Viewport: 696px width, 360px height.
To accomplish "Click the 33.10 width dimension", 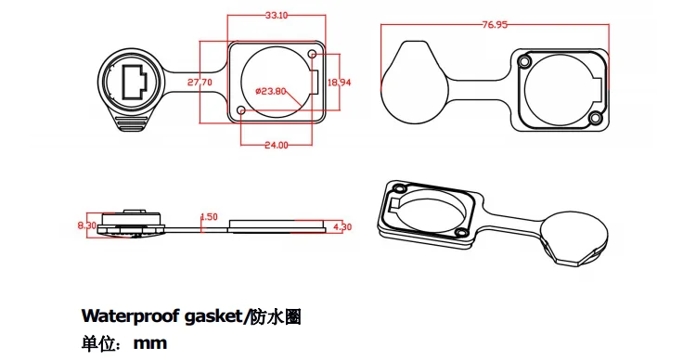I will coord(276,16).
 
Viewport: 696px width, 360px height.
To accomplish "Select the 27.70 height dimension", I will coord(200,83).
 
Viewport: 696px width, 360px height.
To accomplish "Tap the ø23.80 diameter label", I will coord(270,91).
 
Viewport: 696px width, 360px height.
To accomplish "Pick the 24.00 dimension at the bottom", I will coord(276,145).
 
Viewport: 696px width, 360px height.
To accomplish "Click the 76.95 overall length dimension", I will coord(495,25).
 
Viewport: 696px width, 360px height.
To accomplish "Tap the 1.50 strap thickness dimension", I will coord(209,217).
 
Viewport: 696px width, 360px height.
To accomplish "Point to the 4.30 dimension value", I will coord(342,226).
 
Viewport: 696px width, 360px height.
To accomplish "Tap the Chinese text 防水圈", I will coord(277,316).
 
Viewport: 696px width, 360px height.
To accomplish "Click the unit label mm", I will coord(149,343).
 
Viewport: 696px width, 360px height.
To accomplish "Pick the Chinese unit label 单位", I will coord(98,343).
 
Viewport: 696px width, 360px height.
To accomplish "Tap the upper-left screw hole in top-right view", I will coord(525,62).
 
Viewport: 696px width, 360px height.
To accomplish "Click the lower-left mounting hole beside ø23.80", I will coord(242,111).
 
